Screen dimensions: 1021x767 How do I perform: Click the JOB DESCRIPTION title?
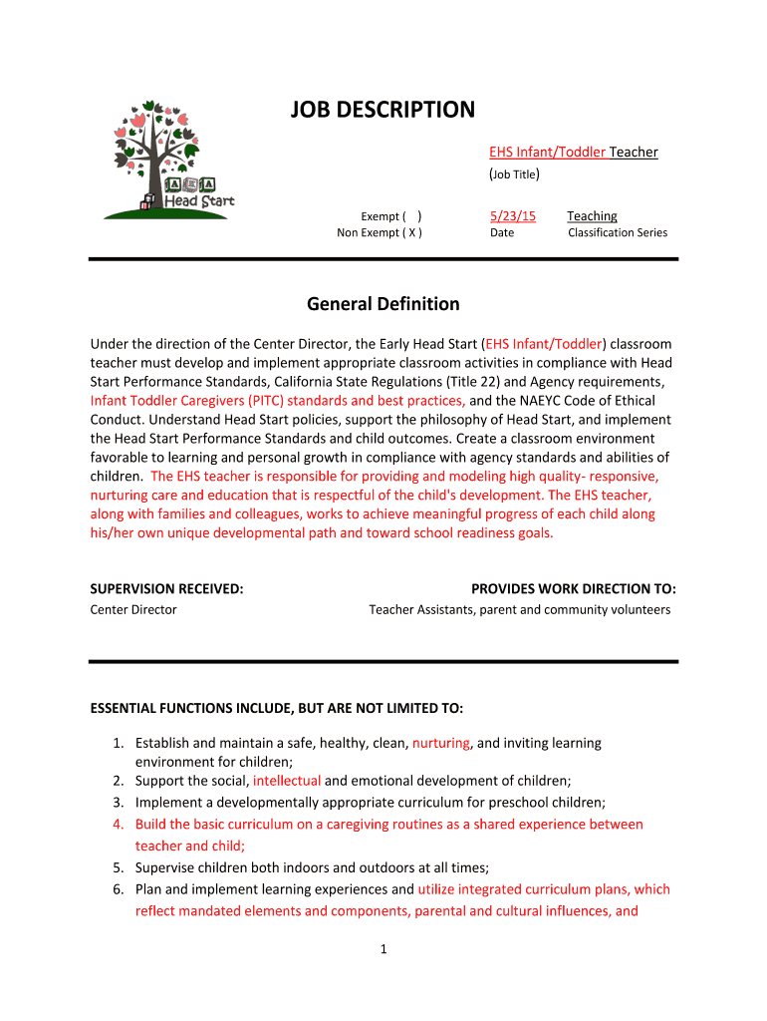(x=383, y=110)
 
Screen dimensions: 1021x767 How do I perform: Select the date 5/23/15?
(x=512, y=216)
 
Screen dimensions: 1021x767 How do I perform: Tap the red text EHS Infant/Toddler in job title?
(x=547, y=152)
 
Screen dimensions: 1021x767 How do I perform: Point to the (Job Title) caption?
(x=514, y=175)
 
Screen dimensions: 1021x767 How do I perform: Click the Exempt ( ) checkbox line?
(x=390, y=216)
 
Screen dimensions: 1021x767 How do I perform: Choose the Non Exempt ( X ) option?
(x=380, y=233)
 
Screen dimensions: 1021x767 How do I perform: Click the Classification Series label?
(x=618, y=233)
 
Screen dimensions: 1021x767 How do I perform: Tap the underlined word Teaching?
(x=592, y=216)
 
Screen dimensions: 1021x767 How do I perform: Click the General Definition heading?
(x=383, y=304)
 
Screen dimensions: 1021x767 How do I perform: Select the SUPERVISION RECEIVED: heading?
(x=166, y=589)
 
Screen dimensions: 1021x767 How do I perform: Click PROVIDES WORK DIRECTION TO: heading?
(x=573, y=589)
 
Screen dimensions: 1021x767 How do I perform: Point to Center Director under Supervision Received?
(x=133, y=609)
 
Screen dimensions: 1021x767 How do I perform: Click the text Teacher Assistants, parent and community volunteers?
(x=519, y=609)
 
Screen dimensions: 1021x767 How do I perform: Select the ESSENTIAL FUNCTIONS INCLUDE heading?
(x=276, y=709)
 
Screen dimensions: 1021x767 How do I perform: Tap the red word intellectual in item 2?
(x=287, y=781)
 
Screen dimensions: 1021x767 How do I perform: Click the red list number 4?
(x=117, y=825)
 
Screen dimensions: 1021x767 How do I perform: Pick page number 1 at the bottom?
(x=383, y=949)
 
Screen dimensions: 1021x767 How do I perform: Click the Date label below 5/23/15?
(x=502, y=233)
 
